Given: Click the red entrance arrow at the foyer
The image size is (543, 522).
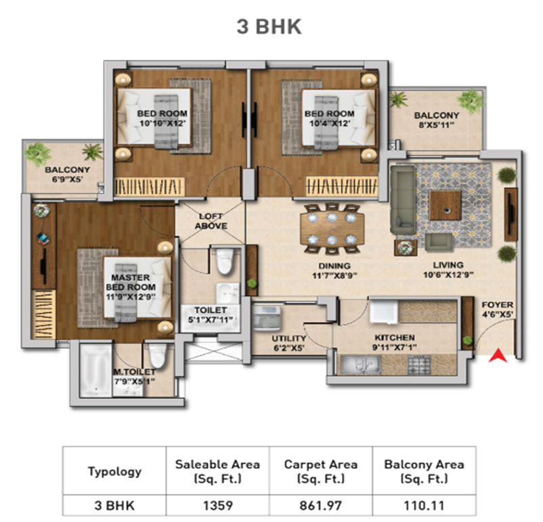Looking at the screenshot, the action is pyautogui.click(x=498, y=356).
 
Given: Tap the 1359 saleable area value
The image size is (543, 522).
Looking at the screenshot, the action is pyautogui.click(x=218, y=505).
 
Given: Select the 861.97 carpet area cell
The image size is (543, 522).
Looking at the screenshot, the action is pyautogui.click(x=321, y=505).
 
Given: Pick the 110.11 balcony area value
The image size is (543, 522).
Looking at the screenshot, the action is pyautogui.click(x=425, y=505).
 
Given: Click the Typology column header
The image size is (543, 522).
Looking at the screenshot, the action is pyautogui.click(x=114, y=472).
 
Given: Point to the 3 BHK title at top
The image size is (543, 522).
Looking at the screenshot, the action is pyautogui.click(x=269, y=26).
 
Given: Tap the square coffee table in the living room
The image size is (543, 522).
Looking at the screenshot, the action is pyautogui.click(x=446, y=205).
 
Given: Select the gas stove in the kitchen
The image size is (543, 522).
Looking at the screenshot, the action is pyautogui.click(x=419, y=365).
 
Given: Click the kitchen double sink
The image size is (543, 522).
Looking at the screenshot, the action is pyautogui.click(x=361, y=364).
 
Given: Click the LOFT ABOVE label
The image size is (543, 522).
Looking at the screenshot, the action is pyautogui.click(x=211, y=221).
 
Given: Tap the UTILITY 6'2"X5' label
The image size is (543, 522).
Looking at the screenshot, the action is pyautogui.click(x=289, y=343).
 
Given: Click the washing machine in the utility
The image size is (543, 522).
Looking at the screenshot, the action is pyautogui.click(x=267, y=316).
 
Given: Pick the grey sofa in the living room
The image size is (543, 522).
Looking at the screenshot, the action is pyautogui.click(x=403, y=199).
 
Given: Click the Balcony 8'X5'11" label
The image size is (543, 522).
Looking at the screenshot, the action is pyautogui.click(x=436, y=120).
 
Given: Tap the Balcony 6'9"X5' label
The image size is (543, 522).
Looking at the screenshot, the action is pyautogui.click(x=67, y=174).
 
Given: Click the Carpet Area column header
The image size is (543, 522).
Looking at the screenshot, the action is pyautogui.click(x=321, y=471).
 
